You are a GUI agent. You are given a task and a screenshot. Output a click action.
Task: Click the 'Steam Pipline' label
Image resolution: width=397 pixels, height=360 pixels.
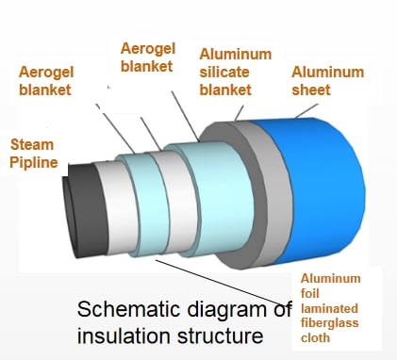(x=34, y=154)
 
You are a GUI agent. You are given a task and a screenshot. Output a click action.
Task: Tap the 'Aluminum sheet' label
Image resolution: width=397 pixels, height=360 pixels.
(x=327, y=81)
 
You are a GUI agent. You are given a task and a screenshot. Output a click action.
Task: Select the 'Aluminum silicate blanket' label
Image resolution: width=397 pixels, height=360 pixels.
(x=236, y=72)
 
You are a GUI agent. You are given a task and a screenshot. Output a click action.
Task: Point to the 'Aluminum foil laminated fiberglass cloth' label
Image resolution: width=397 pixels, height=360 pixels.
(x=330, y=308)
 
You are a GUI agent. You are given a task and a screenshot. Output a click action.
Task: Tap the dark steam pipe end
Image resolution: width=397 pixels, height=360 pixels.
(x=83, y=210)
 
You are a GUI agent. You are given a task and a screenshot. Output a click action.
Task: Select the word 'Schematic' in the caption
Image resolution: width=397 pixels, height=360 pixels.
(x=129, y=309)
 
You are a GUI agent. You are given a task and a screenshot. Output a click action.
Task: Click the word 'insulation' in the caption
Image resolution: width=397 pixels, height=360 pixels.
(x=124, y=335)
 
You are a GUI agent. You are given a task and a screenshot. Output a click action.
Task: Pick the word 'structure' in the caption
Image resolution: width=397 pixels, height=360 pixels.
(x=220, y=335)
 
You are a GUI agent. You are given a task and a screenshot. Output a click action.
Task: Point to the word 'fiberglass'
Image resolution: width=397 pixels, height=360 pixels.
(x=329, y=323)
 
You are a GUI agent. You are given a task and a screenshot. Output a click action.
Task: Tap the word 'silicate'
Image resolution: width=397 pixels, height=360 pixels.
(x=224, y=73)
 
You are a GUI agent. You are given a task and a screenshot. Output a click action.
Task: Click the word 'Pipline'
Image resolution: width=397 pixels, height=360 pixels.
(x=34, y=163)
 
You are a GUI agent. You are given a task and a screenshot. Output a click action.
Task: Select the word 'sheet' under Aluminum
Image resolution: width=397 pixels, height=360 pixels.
(x=311, y=90)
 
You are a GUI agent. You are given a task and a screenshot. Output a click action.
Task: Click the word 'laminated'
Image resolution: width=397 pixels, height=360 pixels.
(x=329, y=308)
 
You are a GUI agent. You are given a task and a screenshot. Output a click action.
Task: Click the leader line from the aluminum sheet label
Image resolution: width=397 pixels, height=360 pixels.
(x=306, y=110)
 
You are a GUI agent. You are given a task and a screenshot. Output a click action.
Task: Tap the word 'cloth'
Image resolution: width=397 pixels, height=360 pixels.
(x=315, y=338)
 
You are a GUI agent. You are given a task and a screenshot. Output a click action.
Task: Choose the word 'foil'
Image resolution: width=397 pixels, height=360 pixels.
(x=310, y=293)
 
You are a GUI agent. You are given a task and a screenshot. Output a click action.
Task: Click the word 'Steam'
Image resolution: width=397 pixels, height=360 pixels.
(x=32, y=145)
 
